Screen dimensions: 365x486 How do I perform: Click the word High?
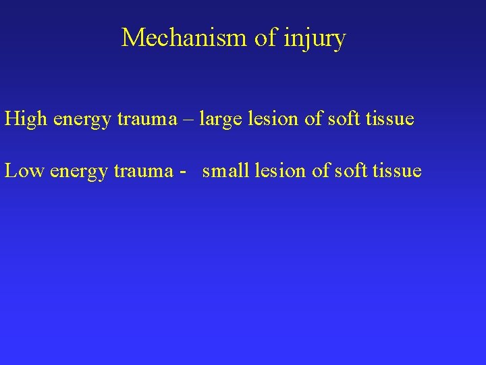pyautogui.click(x=26, y=120)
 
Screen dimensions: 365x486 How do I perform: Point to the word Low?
pyautogui.click(x=24, y=171)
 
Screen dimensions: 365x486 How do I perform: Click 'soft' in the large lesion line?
pyautogui.click(x=344, y=120)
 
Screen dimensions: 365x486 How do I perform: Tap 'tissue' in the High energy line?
pyautogui.click(x=391, y=120)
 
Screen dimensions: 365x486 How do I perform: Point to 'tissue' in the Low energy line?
pyautogui.click(x=398, y=171)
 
